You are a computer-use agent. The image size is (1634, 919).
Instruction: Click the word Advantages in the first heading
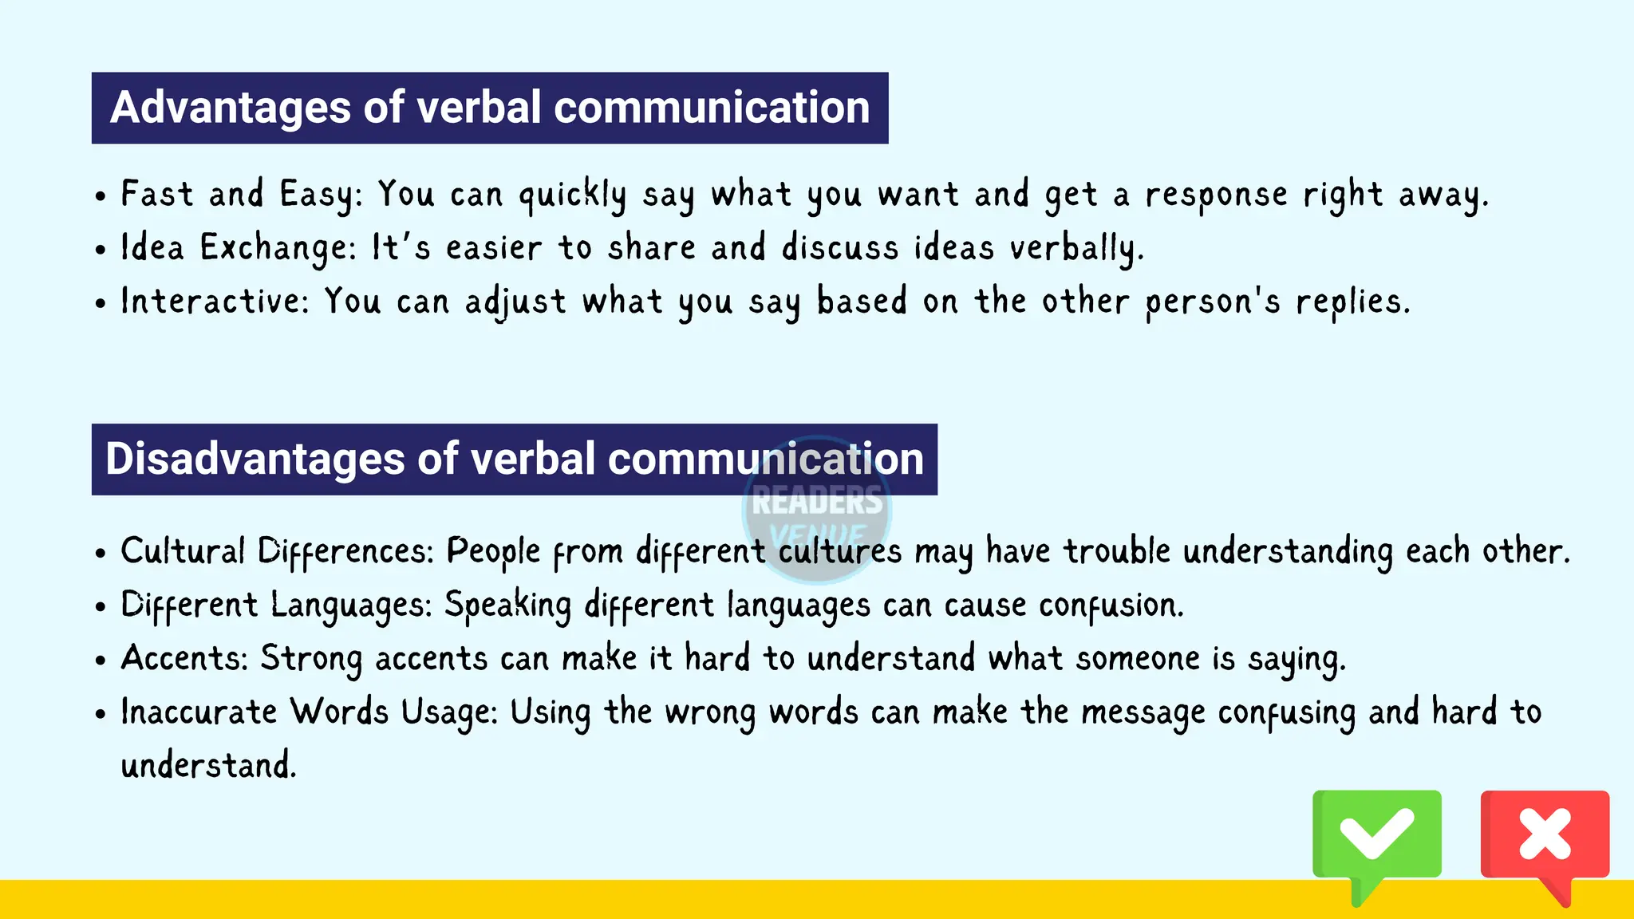(x=230, y=108)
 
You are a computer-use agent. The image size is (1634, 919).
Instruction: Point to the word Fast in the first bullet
(x=157, y=194)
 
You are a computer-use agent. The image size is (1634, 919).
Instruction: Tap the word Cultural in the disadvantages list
(x=183, y=551)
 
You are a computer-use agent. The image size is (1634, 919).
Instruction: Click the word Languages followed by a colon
(x=351, y=605)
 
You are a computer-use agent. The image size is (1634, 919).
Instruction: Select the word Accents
(x=184, y=659)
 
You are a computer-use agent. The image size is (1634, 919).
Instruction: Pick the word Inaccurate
(x=199, y=712)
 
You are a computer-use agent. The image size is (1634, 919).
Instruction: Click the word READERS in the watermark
(x=817, y=501)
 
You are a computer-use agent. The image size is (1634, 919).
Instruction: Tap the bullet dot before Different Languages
(x=100, y=607)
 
